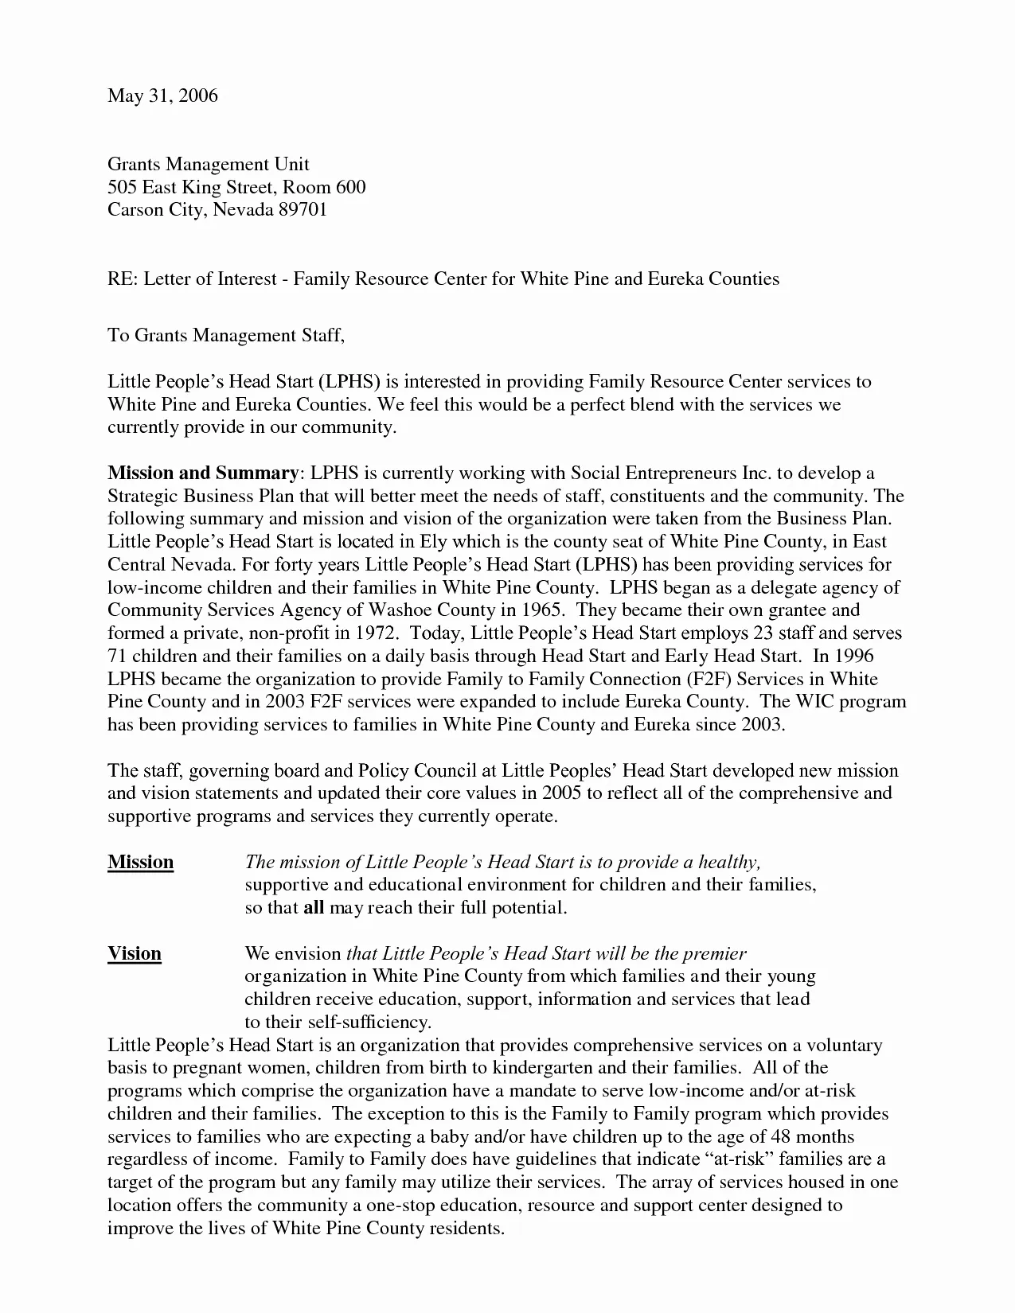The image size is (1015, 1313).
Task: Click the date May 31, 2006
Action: pyautogui.click(x=162, y=96)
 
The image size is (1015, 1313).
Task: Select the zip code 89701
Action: pyautogui.click(x=303, y=210)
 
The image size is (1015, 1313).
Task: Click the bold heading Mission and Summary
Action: pyautogui.click(x=203, y=473)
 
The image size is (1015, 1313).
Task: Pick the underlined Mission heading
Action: pyautogui.click(x=141, y=862)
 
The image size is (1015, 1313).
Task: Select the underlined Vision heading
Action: pyautogui.click(x=135, y=953)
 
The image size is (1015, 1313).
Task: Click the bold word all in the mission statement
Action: pyautogui.click(x=314, y=908)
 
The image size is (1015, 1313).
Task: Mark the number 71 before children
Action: pyautogui.click(x=117, y=656)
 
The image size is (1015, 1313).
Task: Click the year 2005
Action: pyautogui.click(x=563, y=793)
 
